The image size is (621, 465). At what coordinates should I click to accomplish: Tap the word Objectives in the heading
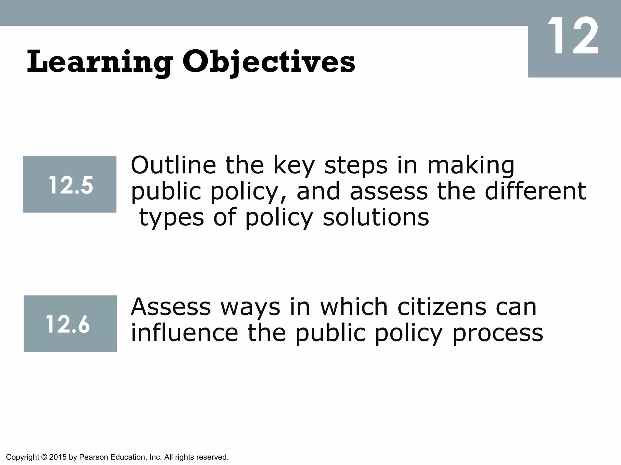pyautogui.click(x=268, y=62)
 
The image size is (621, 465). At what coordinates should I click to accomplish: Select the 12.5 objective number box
pyautogui.click(x=70, y=184)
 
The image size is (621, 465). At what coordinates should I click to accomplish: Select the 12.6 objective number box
pyautogui.click(x=70, y=324)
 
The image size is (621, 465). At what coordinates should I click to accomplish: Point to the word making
pyautogui.click(x=471, y=166)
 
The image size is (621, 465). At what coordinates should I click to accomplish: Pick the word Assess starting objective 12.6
pyautogui.click(x=170, y=307)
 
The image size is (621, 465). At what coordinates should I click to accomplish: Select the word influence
pyautogui.click(x=184, y=333)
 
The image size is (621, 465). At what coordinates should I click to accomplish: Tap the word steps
pyautogui.click(x=356, y=166)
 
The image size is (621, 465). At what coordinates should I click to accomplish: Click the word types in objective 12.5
pyautogui.click(x=171, y=218)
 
